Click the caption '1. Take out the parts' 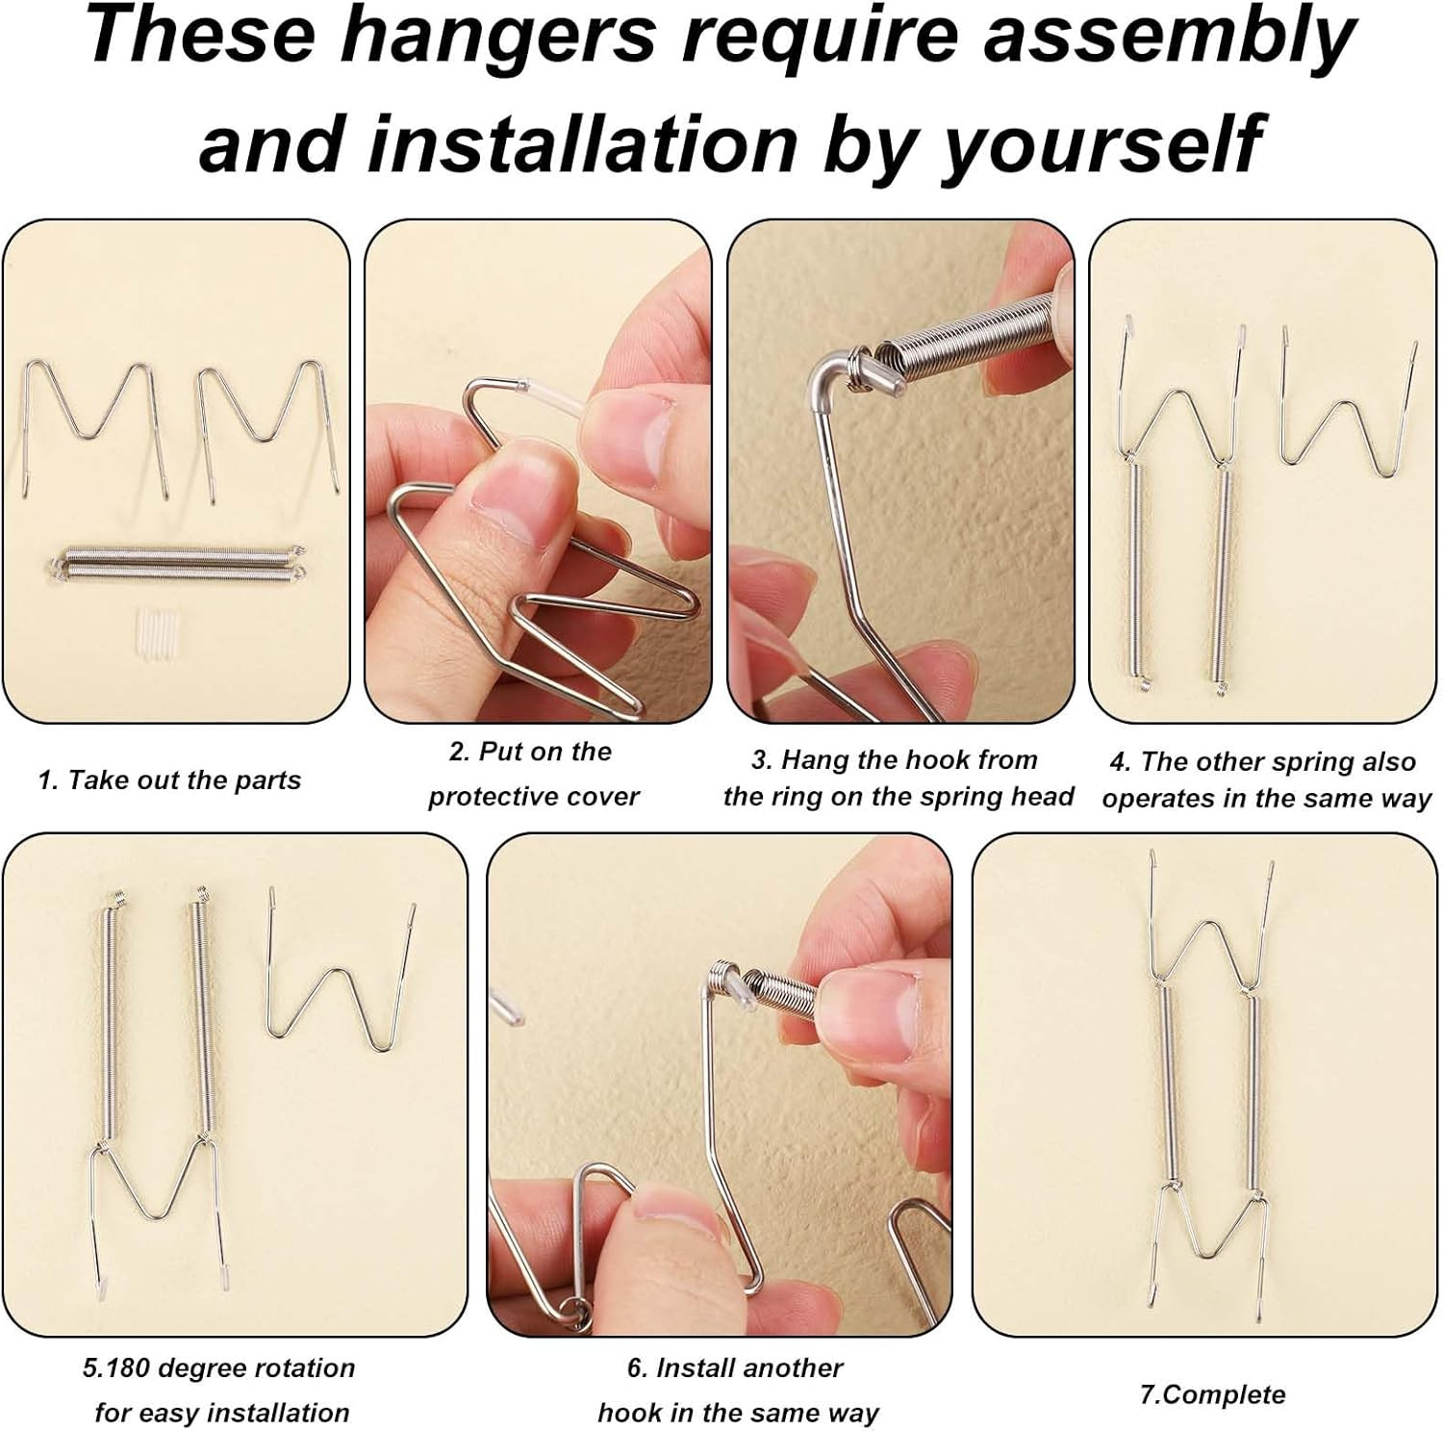click(x=169, y=779)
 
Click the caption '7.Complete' click(x=1212, y=1394)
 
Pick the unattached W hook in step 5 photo click(x=342, y=982)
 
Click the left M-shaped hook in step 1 click(x=94, y=423)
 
